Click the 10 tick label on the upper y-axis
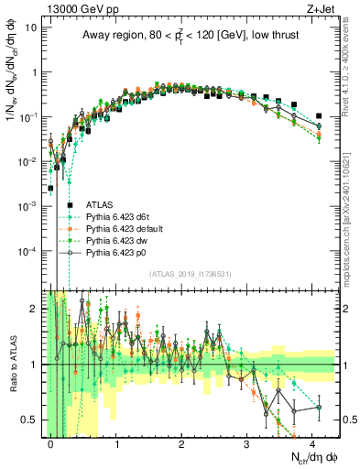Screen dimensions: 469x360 click(30, 27)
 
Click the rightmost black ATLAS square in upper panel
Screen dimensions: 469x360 click(319, 116)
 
